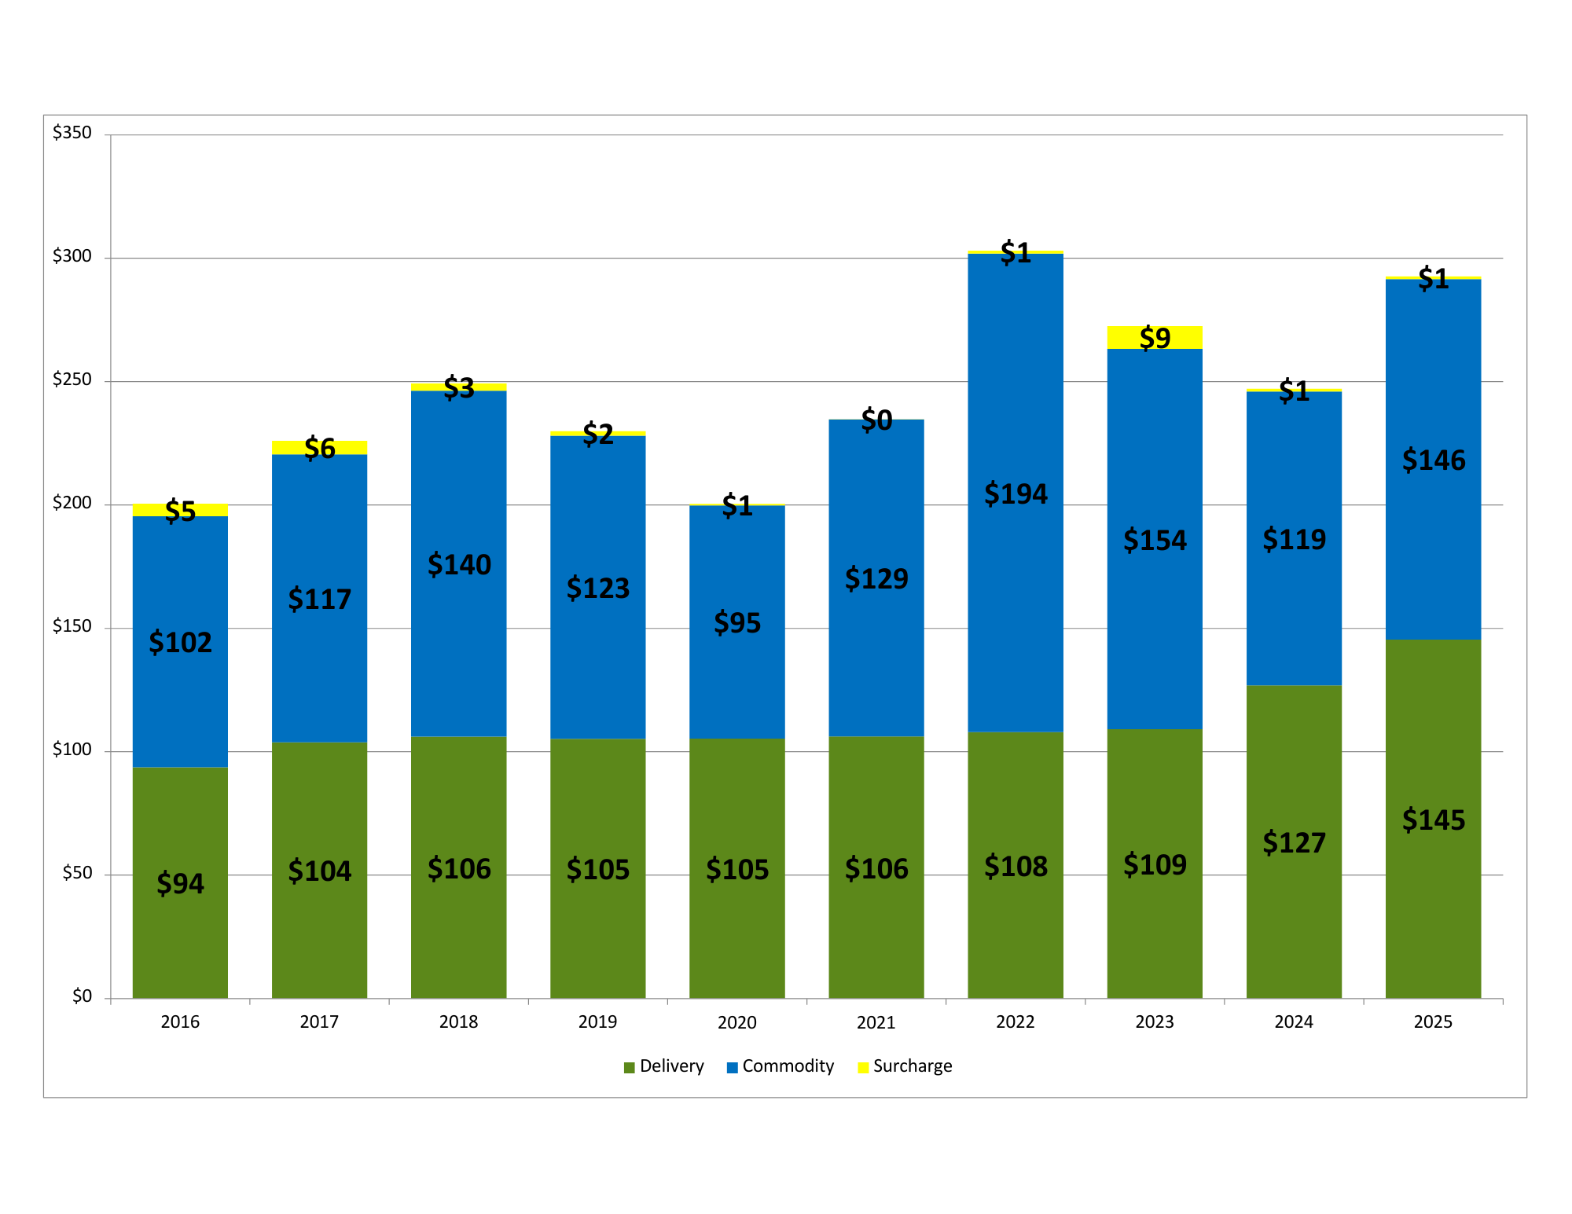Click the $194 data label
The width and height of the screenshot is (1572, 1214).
point(1016,494)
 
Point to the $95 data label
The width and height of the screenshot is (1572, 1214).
point(737,623)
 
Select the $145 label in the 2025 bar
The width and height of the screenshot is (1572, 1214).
point(1433,820)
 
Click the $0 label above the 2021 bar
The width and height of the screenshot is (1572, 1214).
point(876,420)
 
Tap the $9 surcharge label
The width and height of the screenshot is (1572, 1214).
point(1155,338)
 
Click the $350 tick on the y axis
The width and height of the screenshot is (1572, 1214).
point(72,133)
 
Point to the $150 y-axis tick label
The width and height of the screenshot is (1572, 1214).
point(72,626)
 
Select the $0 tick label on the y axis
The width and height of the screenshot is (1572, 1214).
point(82,996)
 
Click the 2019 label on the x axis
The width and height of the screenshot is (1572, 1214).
point(597,1021)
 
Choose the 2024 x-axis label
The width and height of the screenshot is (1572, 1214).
point(1294,1021)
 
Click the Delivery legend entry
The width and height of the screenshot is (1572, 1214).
point(664,1066)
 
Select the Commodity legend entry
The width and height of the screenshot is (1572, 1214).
point(780,1066)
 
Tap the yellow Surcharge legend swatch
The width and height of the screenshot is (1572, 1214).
point(863,1067)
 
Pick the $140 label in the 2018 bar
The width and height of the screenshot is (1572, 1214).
point(459,565)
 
